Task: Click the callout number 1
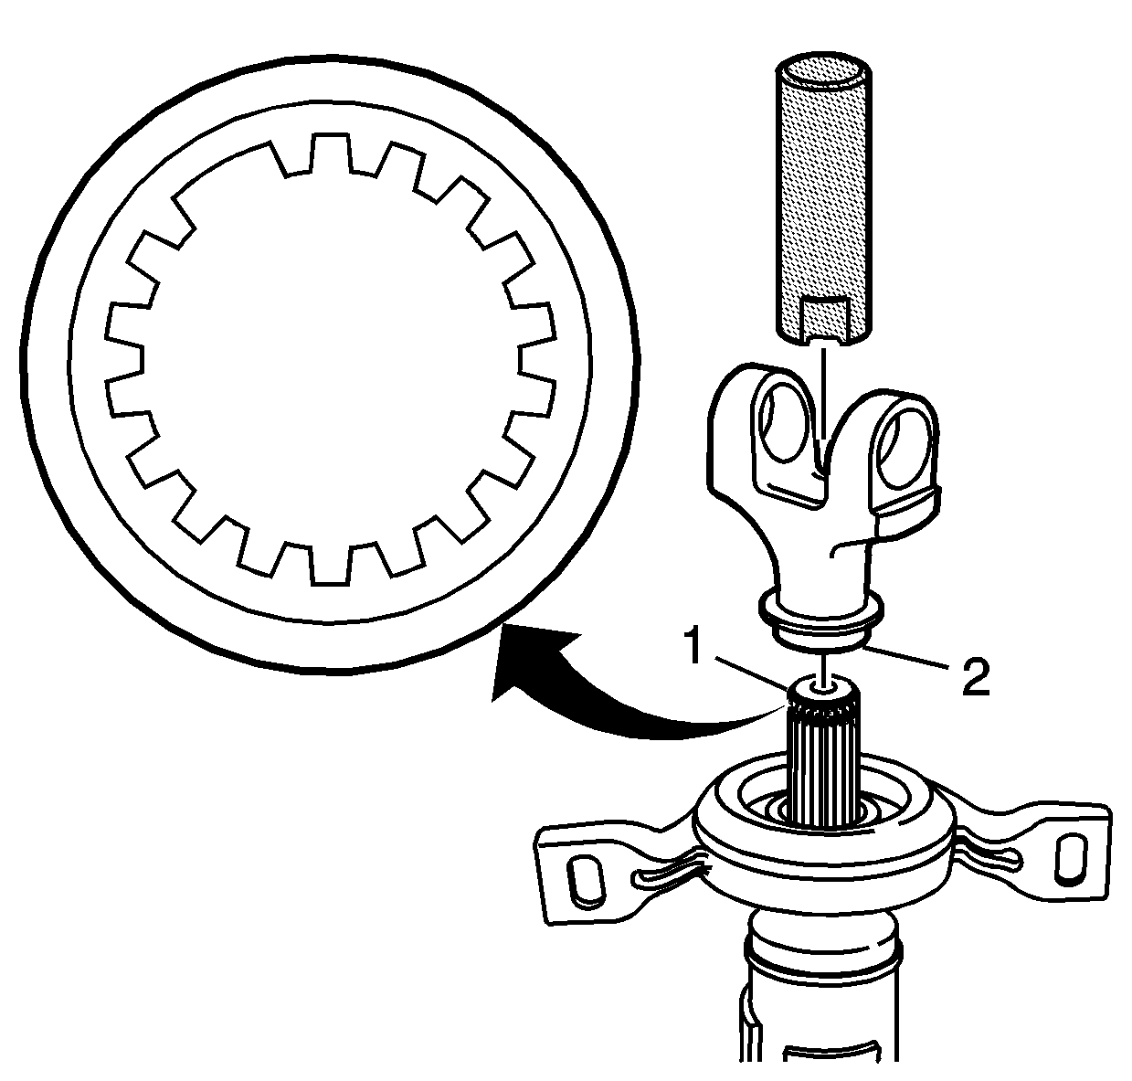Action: [x=695, y=648]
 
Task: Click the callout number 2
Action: [x=972, y=680]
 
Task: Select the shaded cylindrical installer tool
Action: [x=823, y=201]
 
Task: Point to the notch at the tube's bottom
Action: [x=823, y=320]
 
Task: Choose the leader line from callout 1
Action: [x=745, y=673]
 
